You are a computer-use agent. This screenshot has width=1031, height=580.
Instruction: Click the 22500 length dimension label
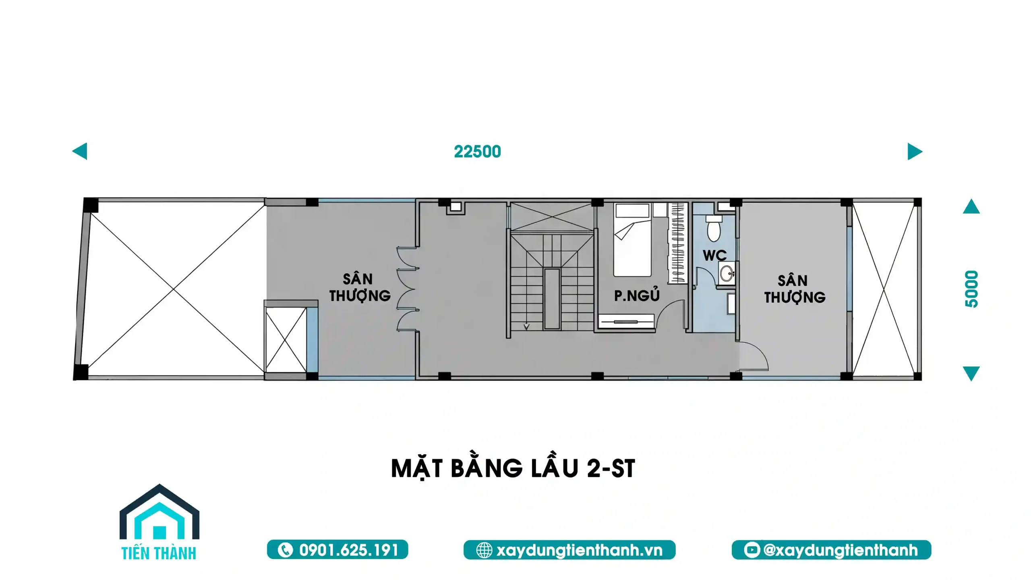(477, 152)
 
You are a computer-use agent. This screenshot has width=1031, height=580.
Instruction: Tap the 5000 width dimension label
(971, 289)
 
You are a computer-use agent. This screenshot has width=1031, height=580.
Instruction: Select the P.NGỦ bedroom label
(637, 295)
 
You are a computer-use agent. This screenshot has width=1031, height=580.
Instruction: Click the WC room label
(714, 255)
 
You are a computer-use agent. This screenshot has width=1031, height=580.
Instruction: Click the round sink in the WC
(727, 274)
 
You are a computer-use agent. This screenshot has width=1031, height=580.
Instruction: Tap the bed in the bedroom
(632, 240)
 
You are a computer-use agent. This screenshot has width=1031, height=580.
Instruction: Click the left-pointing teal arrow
(80, 151)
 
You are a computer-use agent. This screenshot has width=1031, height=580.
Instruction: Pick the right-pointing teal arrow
(915, 151)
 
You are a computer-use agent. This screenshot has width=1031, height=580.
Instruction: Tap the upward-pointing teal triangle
(971, 206)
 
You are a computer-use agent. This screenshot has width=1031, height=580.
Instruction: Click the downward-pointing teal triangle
(971, 373)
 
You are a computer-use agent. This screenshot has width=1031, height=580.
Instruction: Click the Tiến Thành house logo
(159, 522)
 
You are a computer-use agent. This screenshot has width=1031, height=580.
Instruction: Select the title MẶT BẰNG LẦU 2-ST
(513, 468)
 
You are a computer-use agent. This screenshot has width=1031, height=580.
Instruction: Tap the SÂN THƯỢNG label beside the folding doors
(360, 287)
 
